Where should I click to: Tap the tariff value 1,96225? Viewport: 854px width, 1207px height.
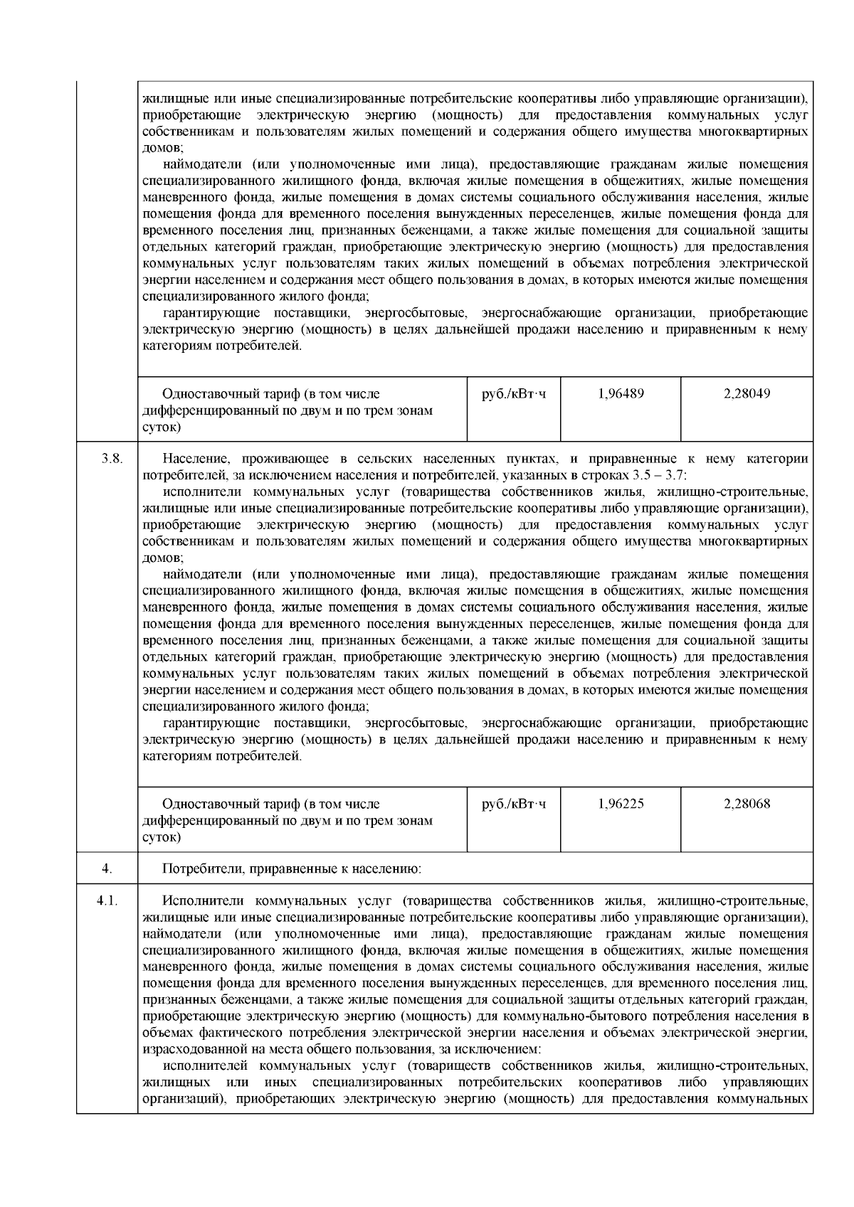(x=621, y=804)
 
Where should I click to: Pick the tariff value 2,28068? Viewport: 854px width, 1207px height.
(x=747, y=804)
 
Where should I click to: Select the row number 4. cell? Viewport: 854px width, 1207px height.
(x=107, y=868)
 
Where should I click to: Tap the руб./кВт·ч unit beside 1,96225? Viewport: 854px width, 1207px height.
(x=514, y=804)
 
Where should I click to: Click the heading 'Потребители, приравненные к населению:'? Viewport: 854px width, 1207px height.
(x=292, y=868)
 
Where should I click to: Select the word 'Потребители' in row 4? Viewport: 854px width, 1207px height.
(x=203, y=868)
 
